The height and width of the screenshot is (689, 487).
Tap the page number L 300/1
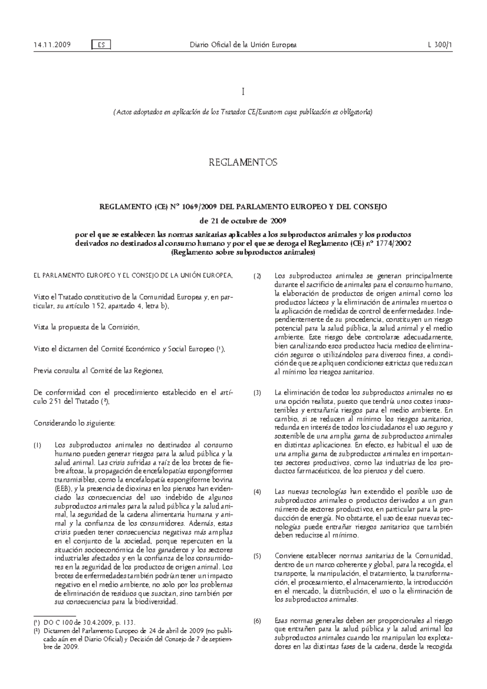tap(440, 45)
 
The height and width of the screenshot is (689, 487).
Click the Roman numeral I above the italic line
tap(243, 93)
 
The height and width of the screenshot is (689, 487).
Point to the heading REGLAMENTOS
tap(243, 163)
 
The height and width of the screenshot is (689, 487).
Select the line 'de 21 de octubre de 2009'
tap(243, 221)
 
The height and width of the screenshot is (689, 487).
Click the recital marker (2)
tap(258, 277)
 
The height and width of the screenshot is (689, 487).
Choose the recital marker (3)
tap(258, 393)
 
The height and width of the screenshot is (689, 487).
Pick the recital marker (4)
tap(258, 492)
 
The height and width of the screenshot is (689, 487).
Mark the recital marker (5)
tap(258, 556)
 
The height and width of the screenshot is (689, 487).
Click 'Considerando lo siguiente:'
tap(74, 424)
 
